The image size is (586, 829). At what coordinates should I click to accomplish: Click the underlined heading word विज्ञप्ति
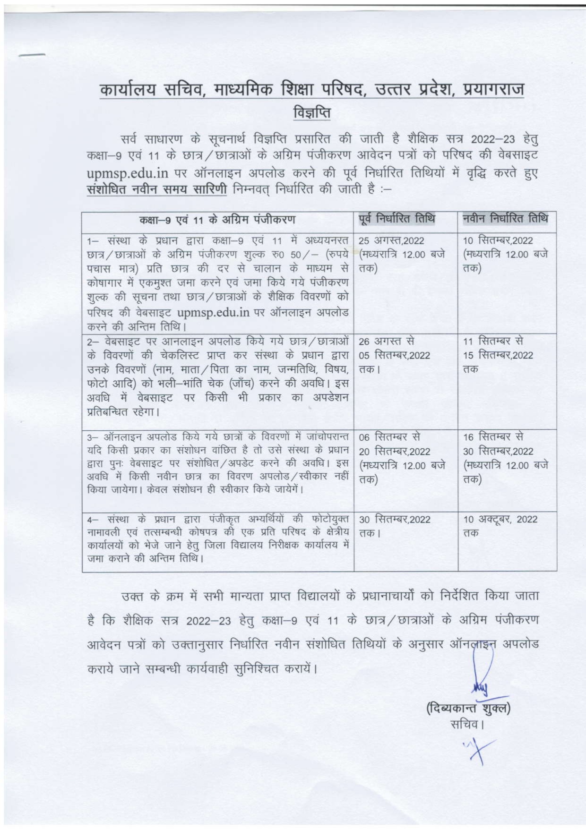312,113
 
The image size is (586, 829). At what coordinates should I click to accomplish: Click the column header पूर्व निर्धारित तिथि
396,219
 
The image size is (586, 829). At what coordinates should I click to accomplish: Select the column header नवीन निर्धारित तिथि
505,219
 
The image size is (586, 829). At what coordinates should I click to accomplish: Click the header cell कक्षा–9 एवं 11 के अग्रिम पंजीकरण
217,220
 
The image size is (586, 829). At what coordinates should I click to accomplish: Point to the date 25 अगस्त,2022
391,240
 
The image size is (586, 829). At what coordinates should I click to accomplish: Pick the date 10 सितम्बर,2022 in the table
498,240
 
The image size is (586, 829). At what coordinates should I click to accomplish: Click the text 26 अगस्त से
386,341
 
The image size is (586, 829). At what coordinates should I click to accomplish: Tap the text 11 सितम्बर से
493,341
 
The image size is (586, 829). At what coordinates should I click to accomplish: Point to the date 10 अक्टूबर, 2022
500,519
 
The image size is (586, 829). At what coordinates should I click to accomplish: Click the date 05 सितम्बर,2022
395,355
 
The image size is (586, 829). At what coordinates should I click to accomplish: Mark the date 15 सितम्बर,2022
498,355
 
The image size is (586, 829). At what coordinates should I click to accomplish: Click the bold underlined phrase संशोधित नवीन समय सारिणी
157,189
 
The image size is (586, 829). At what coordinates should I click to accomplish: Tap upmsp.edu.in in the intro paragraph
128,173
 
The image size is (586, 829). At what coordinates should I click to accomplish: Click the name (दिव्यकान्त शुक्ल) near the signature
468,708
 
